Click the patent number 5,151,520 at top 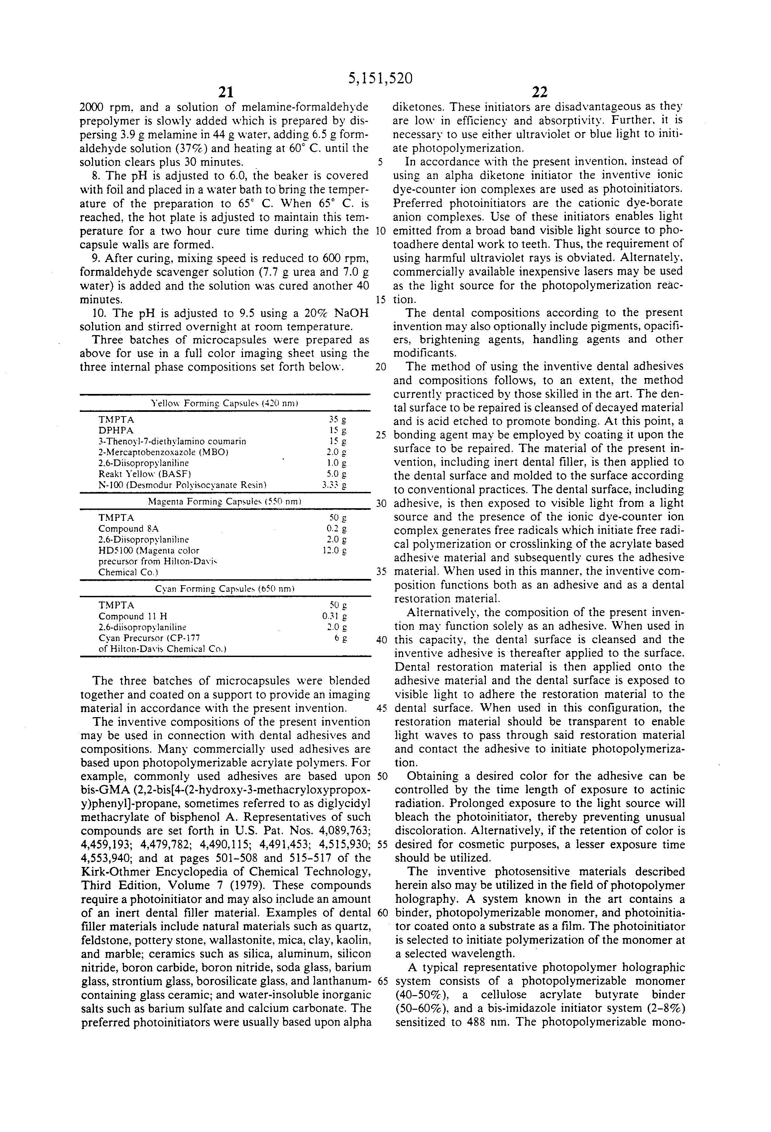[x=380, y=78]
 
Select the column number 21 [x=225, y=92]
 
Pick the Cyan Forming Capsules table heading [x=225, y=589]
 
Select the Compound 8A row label [x=128, y=528]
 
